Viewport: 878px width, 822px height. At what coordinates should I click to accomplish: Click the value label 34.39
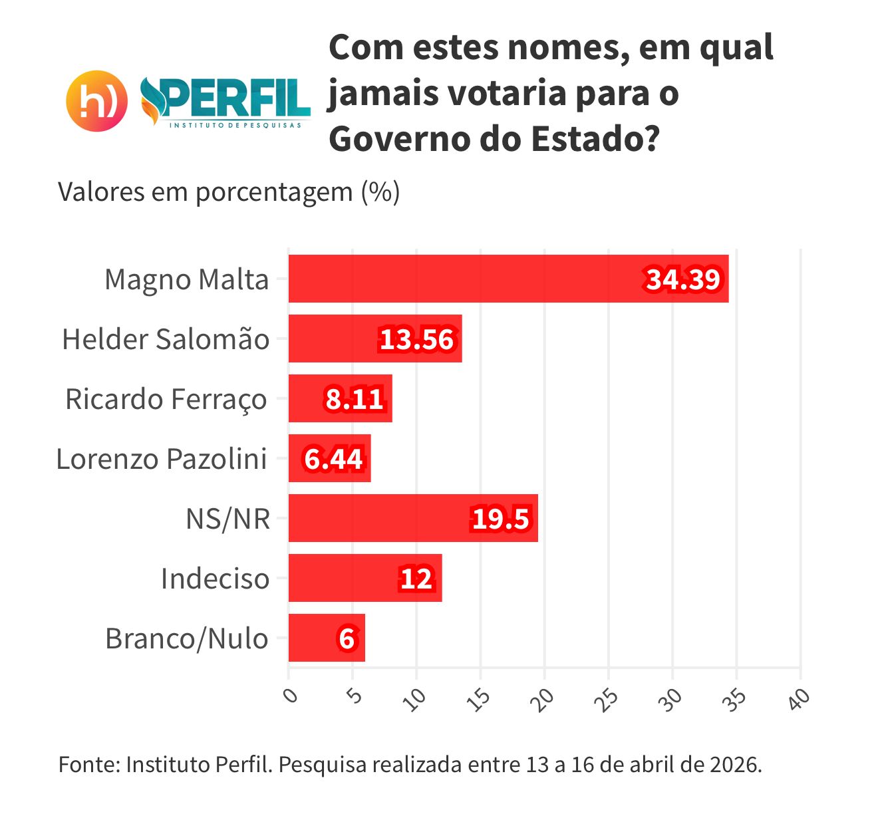pyautogui.click(x=683, y=279)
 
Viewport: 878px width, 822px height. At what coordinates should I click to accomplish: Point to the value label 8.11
pyautogui.click(x=355, y=399)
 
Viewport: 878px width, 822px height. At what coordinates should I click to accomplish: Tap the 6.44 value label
pyautogui.click(x=333, y=459)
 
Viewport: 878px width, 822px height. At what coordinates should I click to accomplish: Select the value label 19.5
pyautogui.click(x=501, y=519)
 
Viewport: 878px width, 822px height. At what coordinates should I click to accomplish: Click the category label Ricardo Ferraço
pyautogui.click(x=166, y=399)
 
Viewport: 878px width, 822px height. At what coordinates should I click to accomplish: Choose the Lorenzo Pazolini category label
pyautogui.click(x=162, y=459)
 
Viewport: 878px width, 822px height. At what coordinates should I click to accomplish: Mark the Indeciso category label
pyautogui.click(x=215, y=579)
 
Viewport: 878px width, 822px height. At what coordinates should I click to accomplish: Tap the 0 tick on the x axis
pyautogui.click(x=290, y=696)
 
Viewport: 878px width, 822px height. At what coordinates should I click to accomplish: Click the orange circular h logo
pyautogui.click(x=97, y=100)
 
